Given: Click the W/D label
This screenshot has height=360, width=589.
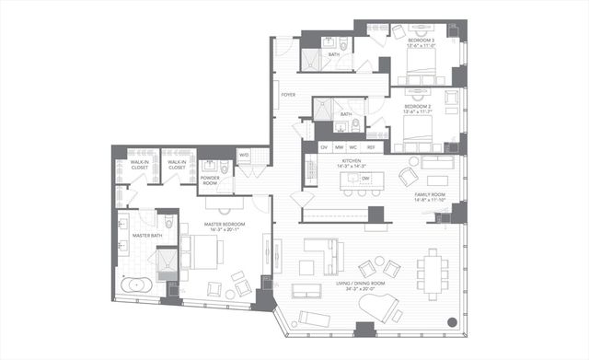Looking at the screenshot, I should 243,155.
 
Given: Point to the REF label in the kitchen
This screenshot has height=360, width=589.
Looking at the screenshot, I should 371,146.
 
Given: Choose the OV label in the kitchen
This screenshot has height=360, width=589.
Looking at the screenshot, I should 323,146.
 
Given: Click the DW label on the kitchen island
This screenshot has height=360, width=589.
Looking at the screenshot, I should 365,178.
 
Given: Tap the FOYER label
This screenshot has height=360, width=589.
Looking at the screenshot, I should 288,94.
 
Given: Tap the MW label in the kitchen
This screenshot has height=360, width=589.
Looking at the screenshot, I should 339,146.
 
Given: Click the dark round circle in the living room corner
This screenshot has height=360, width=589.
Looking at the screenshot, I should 450,322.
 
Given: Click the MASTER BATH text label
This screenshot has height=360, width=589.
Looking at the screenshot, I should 147,236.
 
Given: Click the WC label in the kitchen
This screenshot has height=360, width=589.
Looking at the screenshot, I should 354,146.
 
